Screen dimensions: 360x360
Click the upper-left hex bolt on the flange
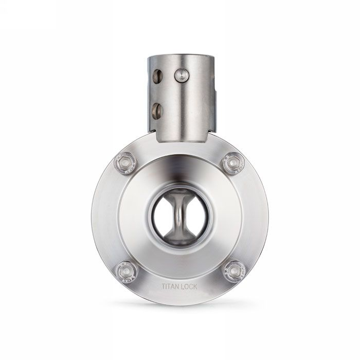click(x=124, y=163)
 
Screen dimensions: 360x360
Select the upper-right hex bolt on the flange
click(x=235, y=163)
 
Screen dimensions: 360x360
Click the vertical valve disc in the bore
click(x=179, y=217)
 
